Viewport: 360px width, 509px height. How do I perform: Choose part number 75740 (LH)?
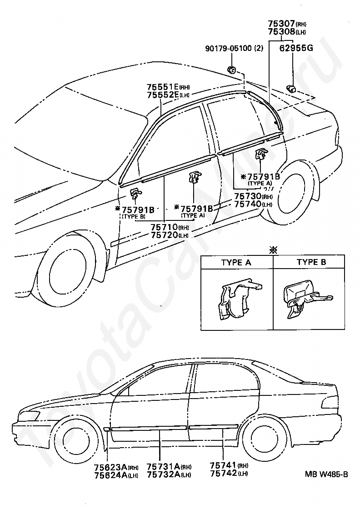(x=248, y=205)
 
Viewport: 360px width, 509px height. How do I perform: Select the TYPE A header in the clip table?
(x=236, y=262)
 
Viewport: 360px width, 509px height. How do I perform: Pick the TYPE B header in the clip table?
(x=311, y=262)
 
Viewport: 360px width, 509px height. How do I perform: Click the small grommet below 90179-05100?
(x=231, y=70)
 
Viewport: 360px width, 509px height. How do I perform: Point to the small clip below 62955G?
(x=290, y=88)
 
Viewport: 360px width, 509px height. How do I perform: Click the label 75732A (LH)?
(x=163, y=475)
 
